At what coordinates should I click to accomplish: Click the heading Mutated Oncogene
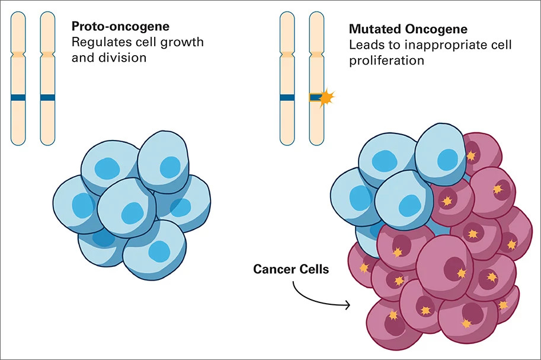408,29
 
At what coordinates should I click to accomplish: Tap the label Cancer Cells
291,269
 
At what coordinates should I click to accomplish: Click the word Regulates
97,42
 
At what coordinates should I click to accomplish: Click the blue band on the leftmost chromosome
18,97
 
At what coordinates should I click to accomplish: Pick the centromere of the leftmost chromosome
18,55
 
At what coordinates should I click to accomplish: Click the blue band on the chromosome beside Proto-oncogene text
47,97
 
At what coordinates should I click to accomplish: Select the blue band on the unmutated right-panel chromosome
287,97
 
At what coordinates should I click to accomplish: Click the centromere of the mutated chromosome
317,55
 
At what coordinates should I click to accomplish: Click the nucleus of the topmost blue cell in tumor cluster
447,158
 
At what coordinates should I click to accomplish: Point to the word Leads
363,45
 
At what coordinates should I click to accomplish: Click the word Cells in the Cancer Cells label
312,269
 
